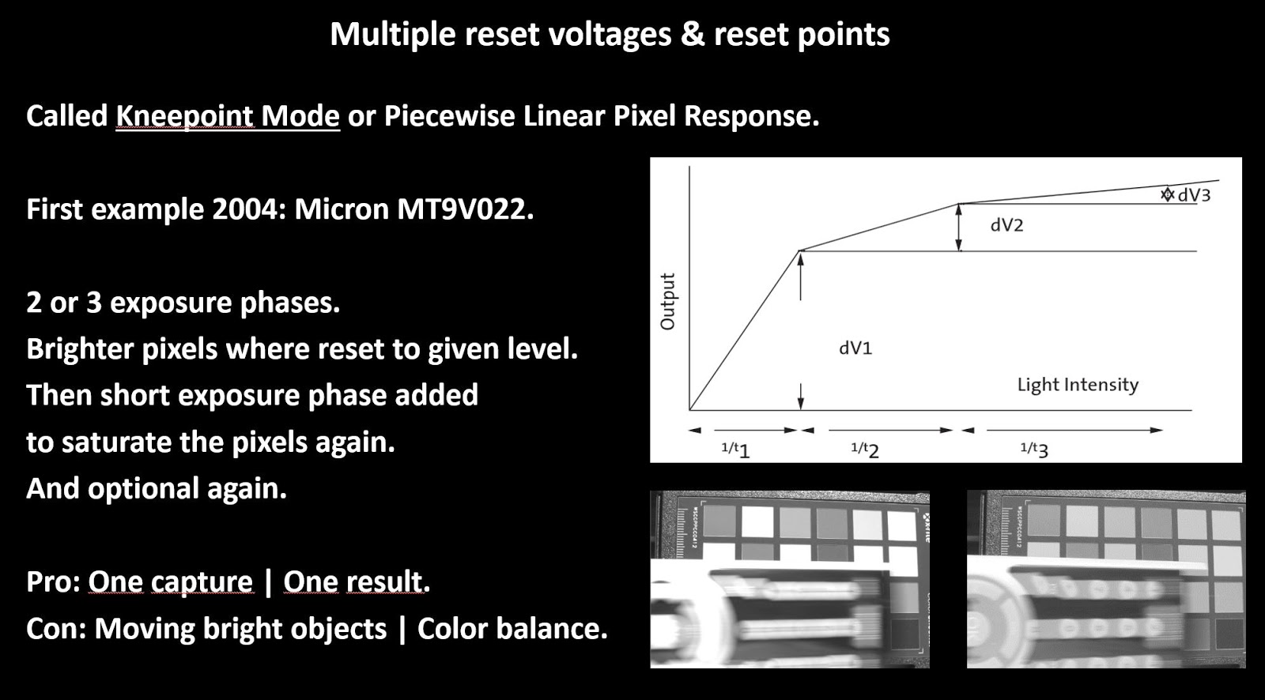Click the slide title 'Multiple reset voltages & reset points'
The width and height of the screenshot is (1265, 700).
(x=610, y=35)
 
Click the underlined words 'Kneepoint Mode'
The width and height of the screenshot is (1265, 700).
(x=228, y=116)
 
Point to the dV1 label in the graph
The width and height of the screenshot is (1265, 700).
(x=855, y=348)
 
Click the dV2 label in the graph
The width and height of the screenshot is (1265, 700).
(x=1006, y=226)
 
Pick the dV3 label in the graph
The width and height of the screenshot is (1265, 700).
(x=1194, y=195)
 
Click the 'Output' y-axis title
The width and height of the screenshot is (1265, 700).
(x=668, y=302)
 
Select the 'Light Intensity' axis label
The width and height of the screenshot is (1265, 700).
(x=1078, y=385)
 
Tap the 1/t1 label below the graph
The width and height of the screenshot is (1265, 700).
(x=735, y=450)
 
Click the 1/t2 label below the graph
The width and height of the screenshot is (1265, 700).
(x=865, y=450)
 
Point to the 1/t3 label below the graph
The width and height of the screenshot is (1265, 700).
(x=1034, y=450)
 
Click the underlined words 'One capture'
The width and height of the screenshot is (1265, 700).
(x=170, y=582)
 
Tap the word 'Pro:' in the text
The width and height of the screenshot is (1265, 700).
(x=53, y=582)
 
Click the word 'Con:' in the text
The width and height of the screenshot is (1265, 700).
(x=55, y=629)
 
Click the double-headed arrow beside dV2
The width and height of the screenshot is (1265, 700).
(x=959, y=228)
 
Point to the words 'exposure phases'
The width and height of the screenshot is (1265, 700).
(x=225, y=303)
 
